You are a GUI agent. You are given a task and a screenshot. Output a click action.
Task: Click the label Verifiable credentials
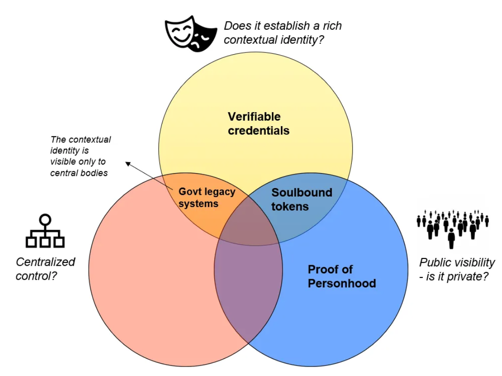coord(258,124)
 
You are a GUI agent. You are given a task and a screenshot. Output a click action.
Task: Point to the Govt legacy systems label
coord(207,197)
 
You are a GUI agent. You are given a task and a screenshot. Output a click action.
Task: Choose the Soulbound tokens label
coord(301,199)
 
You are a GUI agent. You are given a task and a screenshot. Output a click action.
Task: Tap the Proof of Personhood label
coord(341,276)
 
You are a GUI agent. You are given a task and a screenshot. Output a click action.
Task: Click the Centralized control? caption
coord(45,268)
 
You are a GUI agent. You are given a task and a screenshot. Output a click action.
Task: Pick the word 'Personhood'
coord(341,283)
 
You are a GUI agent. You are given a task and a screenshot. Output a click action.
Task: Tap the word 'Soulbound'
coord(301,193)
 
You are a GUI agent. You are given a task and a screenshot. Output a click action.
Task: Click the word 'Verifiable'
coord(254,117)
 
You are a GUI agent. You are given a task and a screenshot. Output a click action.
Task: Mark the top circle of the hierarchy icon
coord(45,220)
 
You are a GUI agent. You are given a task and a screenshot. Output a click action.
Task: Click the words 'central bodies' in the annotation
coord(79,173)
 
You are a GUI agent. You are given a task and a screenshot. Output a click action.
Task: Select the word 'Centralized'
coord(45,262)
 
